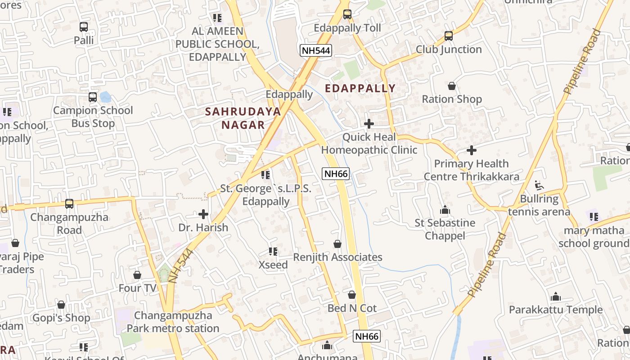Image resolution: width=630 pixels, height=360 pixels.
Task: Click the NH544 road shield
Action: tap(316, 50)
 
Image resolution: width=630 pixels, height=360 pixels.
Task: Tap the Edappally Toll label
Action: tap(347, 28)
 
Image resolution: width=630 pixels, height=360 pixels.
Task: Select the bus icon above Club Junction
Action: tap(448, 36)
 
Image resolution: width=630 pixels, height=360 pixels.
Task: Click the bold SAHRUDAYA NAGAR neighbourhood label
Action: tap(243, 118)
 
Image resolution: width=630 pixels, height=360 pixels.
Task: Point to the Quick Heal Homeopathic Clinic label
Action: tap(369, 144)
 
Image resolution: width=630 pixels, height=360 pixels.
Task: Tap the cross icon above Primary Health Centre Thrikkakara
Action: tap(472, 150)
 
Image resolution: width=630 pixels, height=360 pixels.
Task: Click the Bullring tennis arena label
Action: tap(539, 205)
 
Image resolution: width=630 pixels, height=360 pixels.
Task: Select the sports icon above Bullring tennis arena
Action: tap(539, 185)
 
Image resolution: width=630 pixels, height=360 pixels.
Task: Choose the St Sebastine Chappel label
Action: tap(445, 229)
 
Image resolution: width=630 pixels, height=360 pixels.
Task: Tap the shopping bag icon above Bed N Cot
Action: tap(352, 295)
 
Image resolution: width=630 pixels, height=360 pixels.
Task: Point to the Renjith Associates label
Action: tap(337, 257)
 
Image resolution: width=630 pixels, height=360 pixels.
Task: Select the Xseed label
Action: tap(273, 265)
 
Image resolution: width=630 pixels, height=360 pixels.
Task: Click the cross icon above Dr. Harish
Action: tap(203, 214)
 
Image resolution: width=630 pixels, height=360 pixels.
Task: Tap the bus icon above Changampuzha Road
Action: tap(69, 204)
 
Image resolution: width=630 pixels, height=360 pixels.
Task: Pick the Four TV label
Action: tap(137, 288)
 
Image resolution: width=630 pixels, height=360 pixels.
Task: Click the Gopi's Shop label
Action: tap(61, 318)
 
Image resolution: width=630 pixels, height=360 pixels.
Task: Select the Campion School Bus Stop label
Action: tap(93, 117)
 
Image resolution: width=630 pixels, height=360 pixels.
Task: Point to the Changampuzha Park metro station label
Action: tap(173, 322)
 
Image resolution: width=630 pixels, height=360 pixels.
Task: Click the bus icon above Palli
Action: tap(84, 27)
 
